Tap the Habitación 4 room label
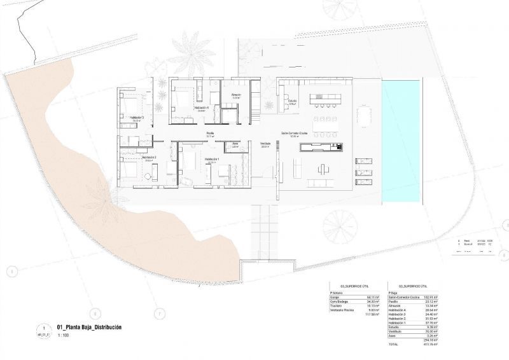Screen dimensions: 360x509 [x=184, y=109]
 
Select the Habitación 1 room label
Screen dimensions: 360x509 [x=212, y=159]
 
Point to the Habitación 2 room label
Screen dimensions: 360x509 [x=149, y=157]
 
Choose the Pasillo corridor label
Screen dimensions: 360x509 [x=209, y=133]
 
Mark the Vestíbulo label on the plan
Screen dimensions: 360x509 [x=265, y=144]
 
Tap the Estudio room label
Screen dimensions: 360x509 [x=292, y=100]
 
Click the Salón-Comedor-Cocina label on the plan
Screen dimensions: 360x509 [x=295, y=133]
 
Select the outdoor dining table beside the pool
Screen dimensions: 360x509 [x=365, y=116]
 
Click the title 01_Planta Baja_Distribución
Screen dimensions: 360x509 [x=89, y=327]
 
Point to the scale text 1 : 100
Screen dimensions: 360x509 [x=64, y=335]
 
